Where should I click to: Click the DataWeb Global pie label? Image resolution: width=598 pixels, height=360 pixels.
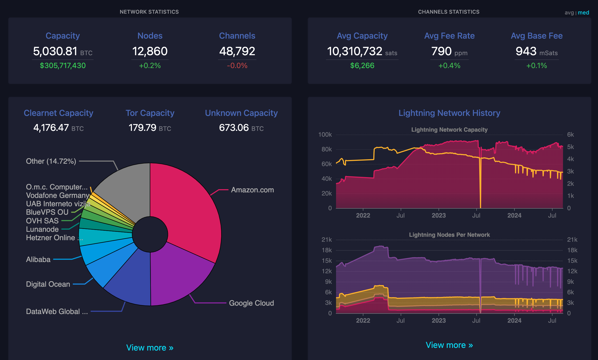coord(57,311)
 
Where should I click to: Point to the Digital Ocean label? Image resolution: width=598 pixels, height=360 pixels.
coord(48,284)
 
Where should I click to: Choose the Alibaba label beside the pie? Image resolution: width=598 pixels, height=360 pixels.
coord(38,259)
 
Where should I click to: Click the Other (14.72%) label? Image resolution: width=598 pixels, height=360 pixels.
coord(51,161)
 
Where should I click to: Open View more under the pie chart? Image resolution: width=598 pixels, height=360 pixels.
coord(150,347)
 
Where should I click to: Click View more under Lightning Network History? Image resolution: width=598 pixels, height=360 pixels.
coord(449,345)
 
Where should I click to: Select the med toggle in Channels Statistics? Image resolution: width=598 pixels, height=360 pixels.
coord(584,13)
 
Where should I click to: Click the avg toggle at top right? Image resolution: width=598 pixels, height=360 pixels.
coord(569,13)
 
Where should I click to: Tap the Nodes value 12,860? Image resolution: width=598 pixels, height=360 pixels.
coord(150,51)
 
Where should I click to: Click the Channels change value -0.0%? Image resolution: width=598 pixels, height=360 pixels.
coord(237,65)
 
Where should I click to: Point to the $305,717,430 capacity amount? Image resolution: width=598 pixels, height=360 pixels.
coord(63,65)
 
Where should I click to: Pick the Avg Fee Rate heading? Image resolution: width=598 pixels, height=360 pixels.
coord(450,36)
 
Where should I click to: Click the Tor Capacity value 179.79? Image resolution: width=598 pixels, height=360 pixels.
coord(142,127)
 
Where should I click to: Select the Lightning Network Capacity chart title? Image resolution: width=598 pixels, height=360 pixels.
coord(449,130)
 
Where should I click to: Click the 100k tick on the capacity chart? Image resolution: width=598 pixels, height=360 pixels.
coord(325,135)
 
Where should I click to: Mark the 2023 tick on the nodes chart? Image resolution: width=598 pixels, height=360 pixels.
coord(439,320)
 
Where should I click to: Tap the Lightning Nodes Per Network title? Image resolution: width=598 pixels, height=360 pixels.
coord(449,235)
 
